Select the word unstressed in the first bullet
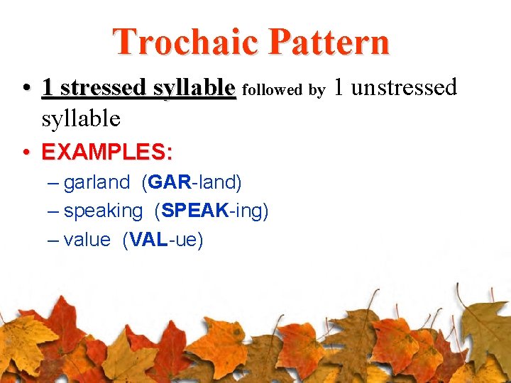pyautogui.click(x=404, y=87)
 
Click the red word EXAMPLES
pyautogui.click(x=102, y=152)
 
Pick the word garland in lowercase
pyautogui.click(x=97, y=182)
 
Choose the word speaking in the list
pyautogui.click(x=103, y=211)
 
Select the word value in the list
pyautogui.click(x=87, y=240)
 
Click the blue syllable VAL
pyautogui.click(x=145, y=240)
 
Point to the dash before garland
pyautogui.click(x=53, y=183)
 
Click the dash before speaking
pyautogui.click(x=53, y=211)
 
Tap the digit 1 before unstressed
pyautogui.click(x=339, y=87)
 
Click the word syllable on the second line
pyautogui.click(x=81, y=118)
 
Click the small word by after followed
pyautogui.click(x=317, y=90)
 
